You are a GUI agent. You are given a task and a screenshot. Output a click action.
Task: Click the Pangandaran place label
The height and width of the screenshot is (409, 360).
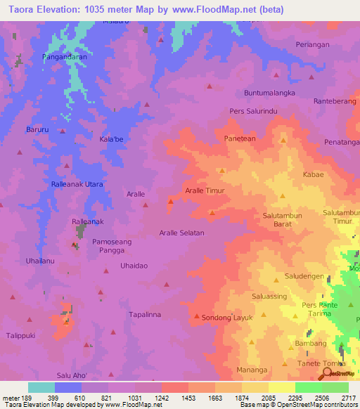pyautogui.click(x=65, y=56)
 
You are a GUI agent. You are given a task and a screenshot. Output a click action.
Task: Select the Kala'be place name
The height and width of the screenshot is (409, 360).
pyautogui.click(x=112, y=139)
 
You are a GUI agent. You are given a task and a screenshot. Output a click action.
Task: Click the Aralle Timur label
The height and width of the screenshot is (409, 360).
pyautogui.click(x=204, y=190)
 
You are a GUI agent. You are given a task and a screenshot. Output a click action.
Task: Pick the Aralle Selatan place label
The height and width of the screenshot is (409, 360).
pyautogui.click(x=181, y=233)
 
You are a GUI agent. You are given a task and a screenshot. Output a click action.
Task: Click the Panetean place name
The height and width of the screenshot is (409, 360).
pyautogui.click(x=240, y=139)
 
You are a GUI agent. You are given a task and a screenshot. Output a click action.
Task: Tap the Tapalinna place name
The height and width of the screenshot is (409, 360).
pyautogui.click(x=145, y=315)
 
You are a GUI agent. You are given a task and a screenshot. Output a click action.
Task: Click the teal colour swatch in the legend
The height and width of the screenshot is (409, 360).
pyautogui.click(x=41, y=387)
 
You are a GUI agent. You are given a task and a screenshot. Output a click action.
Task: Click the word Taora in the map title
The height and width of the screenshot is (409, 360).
pyautogui.click(x=22, y=10)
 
